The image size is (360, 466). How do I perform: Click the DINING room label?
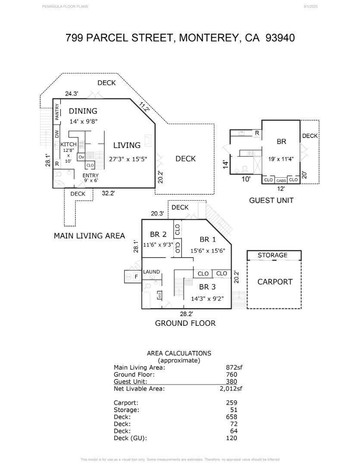tap(83, 111)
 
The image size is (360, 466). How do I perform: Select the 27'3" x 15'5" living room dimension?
tap(128, 159)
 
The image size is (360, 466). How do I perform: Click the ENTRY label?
tap(91, 176)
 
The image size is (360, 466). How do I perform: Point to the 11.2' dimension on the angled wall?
tap(144, 106)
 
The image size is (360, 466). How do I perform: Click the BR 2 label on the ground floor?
tap(158, 234)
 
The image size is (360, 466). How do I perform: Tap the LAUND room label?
tap(151, 272)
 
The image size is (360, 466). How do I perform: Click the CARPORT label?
tap(275, 282)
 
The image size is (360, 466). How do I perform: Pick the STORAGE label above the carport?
tap(272, 255)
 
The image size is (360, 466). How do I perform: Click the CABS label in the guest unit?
tap(281, 180)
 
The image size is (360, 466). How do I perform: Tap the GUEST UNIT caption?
tap(271, 200)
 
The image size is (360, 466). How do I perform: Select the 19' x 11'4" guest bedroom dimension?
tap(281, 158)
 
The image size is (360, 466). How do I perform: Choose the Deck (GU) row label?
tap(130, 438)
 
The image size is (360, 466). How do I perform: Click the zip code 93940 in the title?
tap(280, 38)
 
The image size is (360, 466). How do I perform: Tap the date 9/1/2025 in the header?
tap(310, 6)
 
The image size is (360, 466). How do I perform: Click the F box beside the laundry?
tap(136, 277)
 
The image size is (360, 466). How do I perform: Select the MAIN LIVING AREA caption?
tap(89, 236)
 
